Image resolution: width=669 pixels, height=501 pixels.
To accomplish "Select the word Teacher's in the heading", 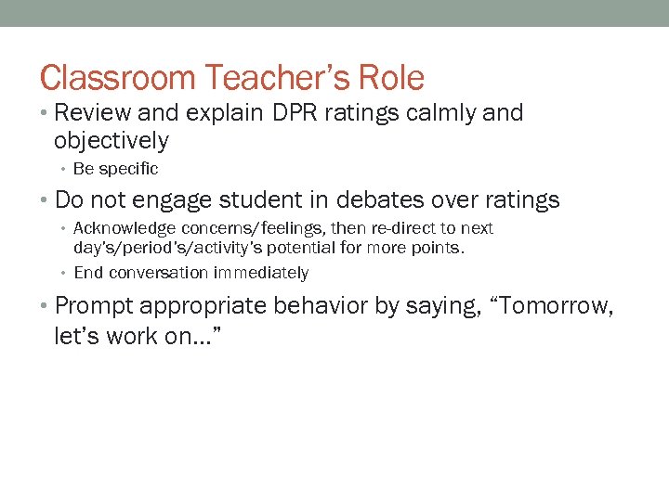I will [x=265, y=78].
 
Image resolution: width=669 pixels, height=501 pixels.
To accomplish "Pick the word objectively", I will [x=111, y=141].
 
